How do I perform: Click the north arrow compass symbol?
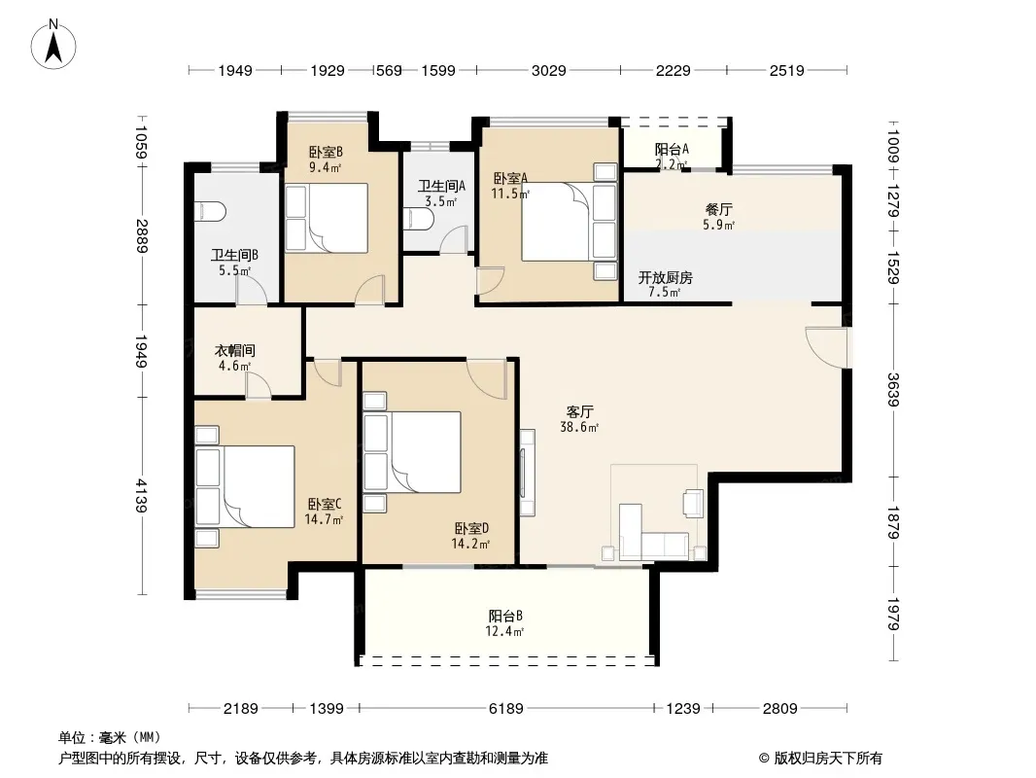point(53,44)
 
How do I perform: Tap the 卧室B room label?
point(326,152)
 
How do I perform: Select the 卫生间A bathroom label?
point(441,187)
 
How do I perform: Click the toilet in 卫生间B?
point(211,212)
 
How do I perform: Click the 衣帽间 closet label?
point(234,350)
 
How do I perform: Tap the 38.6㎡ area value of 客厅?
point(579,427)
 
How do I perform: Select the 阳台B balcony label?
point(505,616)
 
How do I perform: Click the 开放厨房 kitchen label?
point(666,277)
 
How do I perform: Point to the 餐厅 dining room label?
point(719,209)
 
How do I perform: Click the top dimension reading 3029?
point(548,70)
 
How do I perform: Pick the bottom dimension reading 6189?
point(506,709)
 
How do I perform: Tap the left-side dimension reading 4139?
point(141,496)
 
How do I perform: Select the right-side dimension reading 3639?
point(892,390)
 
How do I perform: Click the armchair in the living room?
point(694,503)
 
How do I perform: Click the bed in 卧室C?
point(245,486)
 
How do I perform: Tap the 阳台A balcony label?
point(672,150)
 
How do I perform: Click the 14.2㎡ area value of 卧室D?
point(470,544)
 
